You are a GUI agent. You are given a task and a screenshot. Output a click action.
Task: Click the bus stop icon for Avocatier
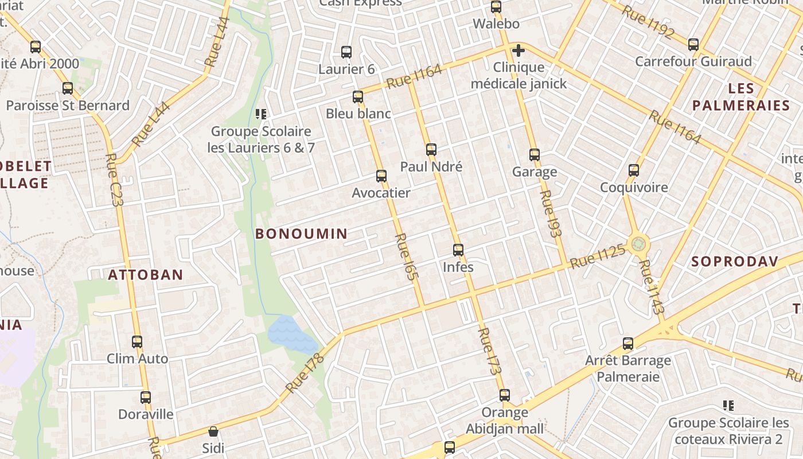tap(381, 176)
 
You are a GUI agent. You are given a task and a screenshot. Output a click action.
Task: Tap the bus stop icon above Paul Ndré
tap(431, 150)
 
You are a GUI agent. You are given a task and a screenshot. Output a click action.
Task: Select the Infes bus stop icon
tap(458, 250)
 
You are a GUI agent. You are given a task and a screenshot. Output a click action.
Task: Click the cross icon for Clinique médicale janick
tap(519, 50)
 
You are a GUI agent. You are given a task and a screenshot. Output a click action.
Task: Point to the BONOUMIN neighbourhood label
tap(301, 234)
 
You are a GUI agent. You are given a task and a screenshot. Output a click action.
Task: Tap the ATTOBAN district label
tap(146, 275)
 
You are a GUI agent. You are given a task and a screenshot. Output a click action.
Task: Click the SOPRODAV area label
tap(735, 262)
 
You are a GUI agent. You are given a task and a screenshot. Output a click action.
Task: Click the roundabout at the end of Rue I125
tap(638, 244)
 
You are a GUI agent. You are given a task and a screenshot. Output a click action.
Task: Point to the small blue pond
tap(291, 334)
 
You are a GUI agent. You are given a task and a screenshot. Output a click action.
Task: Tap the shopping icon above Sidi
tap(213, 431)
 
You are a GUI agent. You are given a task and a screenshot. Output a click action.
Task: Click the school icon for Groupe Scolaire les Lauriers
tap(262, 114)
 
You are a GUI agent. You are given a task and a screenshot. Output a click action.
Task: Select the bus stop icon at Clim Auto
tap(137, 342)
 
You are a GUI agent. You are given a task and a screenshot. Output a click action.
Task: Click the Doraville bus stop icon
tap(146, 397)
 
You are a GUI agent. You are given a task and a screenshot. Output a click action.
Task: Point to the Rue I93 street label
tap(550, 213)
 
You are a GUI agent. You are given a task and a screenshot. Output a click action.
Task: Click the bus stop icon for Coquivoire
tap(633, 170)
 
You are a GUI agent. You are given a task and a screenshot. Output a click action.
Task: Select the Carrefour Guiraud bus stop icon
tap(693, 44)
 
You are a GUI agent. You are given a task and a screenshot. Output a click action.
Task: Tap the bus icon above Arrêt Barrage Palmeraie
tap(628, 344)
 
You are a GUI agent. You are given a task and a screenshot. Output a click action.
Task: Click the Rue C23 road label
tap(115, 180)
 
